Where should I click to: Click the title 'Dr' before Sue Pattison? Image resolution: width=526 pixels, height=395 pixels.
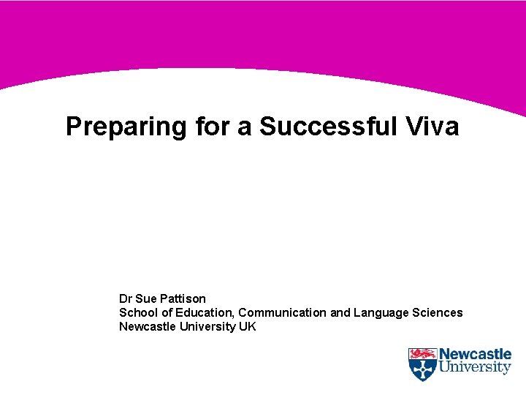pos(126,298)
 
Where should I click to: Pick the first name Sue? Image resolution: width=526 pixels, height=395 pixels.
pos(146,298)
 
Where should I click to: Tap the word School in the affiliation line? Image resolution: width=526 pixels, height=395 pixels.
pos(137,312)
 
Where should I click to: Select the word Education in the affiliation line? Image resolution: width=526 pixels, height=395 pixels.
pos(201,312)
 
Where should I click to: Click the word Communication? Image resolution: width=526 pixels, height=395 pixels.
pos(283,312)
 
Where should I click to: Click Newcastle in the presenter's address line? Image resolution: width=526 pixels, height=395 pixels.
pos(148,326)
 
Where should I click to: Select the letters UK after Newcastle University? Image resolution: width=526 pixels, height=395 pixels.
pos(248,326)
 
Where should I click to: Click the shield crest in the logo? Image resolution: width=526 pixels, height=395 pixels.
pos(422,364)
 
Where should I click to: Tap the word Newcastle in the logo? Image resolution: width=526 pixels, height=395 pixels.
pos(475,355)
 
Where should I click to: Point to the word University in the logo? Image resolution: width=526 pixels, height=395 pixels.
pos(475,369)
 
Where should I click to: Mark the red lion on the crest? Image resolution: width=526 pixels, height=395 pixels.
pos(422,354)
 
